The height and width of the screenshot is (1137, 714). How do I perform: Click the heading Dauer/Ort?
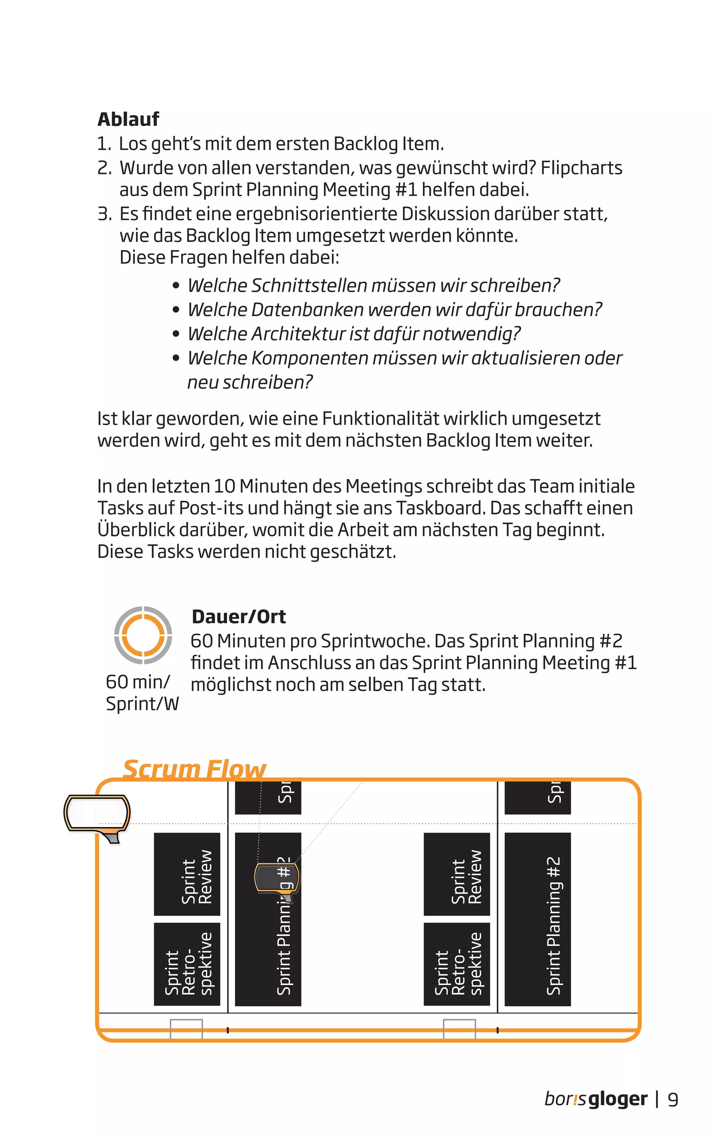coord(238,617)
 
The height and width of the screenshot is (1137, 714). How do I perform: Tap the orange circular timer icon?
coord(143,635)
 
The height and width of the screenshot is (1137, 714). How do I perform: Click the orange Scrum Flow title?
coord(194,769)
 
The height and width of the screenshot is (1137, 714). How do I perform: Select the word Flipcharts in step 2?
coord(581,168)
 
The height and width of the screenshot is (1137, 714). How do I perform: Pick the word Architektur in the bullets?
coord(298,334)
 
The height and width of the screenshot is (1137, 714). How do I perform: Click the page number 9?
coord(673,1100)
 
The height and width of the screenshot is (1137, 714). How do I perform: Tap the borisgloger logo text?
coord(595,1099)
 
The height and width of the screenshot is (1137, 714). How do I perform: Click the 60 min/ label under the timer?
coord(137,682)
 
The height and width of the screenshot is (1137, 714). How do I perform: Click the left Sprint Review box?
coord(187,874)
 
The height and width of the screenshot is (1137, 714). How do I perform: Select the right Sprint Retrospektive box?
coord(457,964)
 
